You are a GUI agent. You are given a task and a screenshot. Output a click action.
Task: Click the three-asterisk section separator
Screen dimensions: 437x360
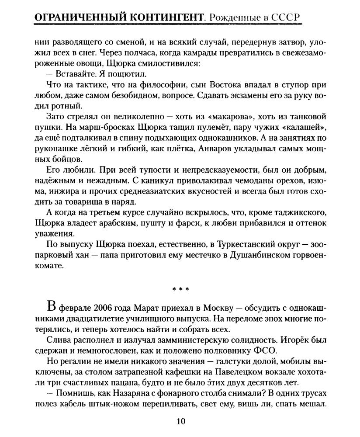point(180,289)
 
